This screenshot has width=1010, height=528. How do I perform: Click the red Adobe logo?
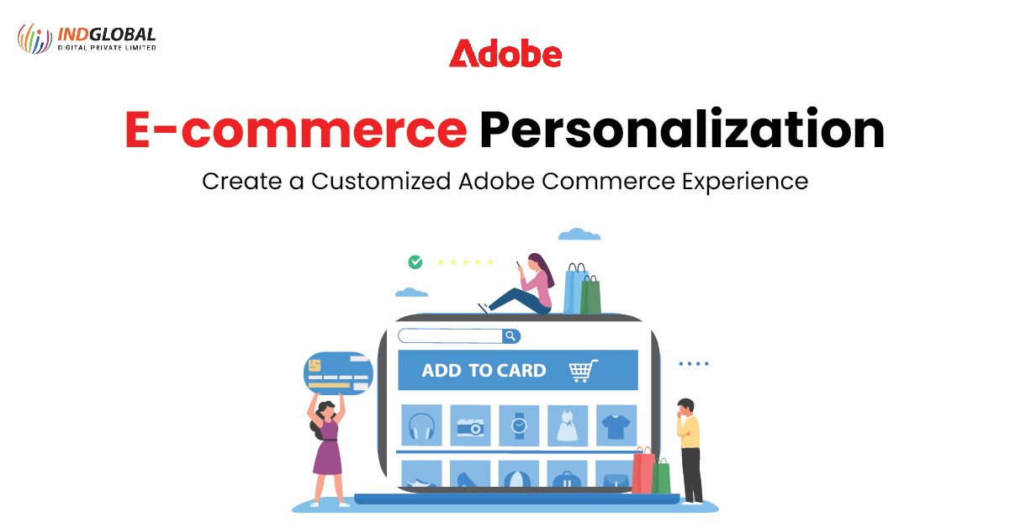pos(505,53)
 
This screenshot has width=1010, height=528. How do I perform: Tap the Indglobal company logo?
pos(87,39)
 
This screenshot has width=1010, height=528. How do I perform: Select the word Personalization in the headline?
pos(682,129)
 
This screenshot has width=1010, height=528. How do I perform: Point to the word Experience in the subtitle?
pos(745,182)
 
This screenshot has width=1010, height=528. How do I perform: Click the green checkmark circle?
pos(415,262)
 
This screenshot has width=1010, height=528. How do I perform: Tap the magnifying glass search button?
pos(510,336)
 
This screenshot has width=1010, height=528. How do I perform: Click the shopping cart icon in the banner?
pos(584,371)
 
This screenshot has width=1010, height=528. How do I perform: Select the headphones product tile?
pos(421,425)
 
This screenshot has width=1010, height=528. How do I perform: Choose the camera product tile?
pos(470,425)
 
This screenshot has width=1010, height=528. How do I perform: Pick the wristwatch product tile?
pos(519,425)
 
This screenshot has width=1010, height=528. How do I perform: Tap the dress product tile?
pos(568,425)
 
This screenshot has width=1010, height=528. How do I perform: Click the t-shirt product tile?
pos(616,425)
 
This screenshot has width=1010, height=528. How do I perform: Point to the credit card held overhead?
pos(338,373)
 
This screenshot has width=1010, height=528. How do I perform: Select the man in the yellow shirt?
pos(690,451)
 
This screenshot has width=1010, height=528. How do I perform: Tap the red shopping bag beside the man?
pos(643,471)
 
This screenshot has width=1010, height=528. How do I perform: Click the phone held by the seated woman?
pos(519,264)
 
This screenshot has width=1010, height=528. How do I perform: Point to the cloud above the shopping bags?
pos(579,235)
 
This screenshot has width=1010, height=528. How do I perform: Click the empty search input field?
pos(451,336)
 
